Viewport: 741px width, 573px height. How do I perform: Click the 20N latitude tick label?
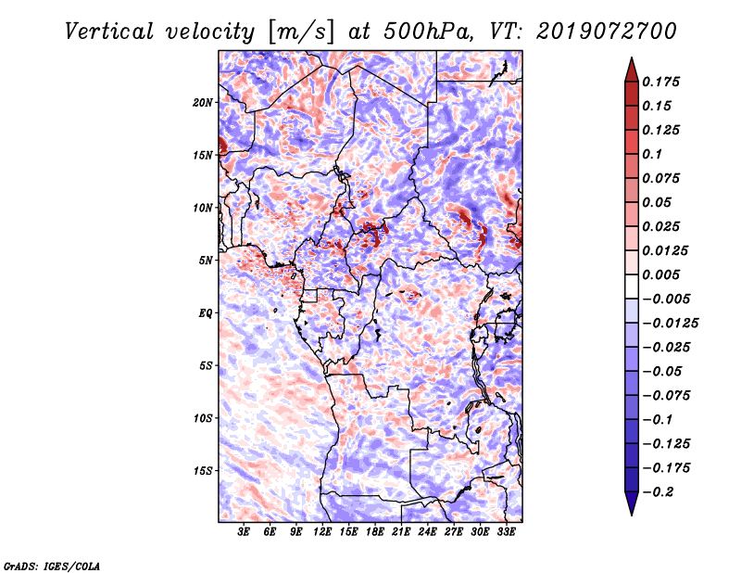click(x=203, y=103)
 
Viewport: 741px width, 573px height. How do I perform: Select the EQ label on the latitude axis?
click(x=206, y=313)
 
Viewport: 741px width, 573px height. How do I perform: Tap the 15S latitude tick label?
click(x=203, y=471)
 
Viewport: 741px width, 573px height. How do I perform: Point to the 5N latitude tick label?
click(x=206, y=261)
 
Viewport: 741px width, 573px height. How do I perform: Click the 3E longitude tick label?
click(x=244, y=531)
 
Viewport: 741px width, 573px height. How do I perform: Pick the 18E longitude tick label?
click(x=375, y=531)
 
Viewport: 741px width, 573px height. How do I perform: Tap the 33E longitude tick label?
click(x=506, y=531)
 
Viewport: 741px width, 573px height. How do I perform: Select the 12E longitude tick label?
click(x=322, y=531)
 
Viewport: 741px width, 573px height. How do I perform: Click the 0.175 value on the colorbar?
click(x=660, y=82)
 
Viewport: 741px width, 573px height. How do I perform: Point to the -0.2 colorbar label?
click(x=658, y=492)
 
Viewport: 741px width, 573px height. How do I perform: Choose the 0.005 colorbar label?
click(x=660, y=274)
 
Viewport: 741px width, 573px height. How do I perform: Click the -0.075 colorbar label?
click(x=666, y=396)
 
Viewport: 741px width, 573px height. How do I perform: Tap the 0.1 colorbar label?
click(x=652, y=154)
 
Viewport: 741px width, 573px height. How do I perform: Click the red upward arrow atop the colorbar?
click(x=632, y=70)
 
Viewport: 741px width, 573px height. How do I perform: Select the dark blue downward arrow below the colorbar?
click(x=632, y=503)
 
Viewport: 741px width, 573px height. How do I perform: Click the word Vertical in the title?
click(x=109, y=32)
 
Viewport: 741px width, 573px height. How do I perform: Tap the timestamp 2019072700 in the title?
click(x=606, y=32)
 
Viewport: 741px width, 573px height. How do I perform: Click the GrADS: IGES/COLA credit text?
click(x=52, y=566)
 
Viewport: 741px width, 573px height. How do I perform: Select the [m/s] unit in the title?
click(x=301, y=32)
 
